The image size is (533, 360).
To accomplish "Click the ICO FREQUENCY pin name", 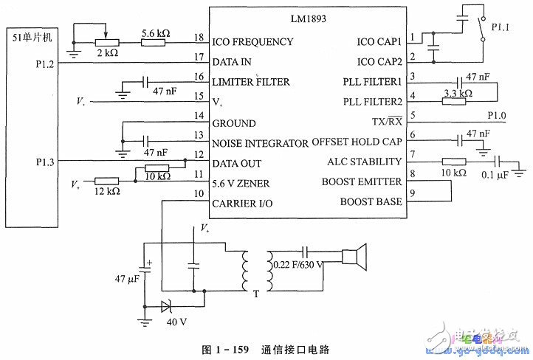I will click(x=253, y=41).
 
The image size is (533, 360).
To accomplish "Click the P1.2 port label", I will click(x=46, y=63).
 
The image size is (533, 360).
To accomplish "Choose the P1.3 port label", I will click(x=46, y=160).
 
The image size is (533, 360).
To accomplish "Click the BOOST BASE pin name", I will click(x=371, y=201).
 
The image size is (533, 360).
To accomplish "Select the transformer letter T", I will click(x=255, y=294).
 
